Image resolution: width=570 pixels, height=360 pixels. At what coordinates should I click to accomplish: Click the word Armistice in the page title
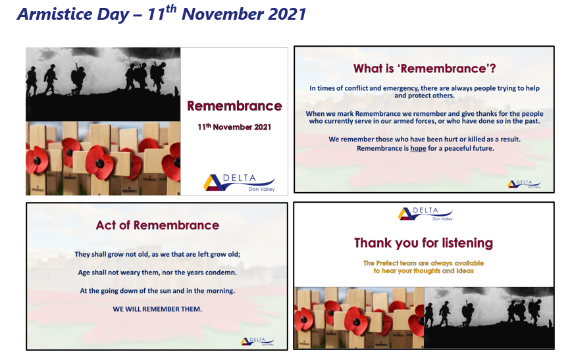(x=55, y=14)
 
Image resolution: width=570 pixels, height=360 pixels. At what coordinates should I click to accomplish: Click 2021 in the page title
(x=287, y=14)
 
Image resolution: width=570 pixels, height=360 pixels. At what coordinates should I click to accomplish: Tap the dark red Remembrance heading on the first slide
(x=234, y=106)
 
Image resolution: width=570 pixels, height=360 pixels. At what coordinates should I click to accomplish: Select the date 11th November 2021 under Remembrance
(x=234, y=127)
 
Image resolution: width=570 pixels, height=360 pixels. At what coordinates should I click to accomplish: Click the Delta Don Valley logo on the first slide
(x=239, y=182)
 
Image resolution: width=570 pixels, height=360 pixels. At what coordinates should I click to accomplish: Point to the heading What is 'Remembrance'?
(x=425, y=68)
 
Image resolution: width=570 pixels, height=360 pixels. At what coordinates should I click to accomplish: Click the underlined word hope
(x=418, y=148)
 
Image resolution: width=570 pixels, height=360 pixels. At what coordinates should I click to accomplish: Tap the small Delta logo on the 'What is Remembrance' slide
(x=524, y=184)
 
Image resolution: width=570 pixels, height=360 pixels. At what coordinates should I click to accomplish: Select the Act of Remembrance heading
(x=157, y=225)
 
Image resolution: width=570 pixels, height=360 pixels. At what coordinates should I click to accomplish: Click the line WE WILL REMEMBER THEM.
(x=157, y=309)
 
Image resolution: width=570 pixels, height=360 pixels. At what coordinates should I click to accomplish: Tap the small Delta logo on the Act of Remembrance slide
(x=257, y=342)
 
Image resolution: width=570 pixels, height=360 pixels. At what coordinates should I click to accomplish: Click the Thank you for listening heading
(x=423, y=243)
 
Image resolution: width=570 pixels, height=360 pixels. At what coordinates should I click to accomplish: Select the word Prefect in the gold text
(x=387, y=263)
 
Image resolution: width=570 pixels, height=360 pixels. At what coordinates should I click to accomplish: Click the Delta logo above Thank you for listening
(x=425, y=214)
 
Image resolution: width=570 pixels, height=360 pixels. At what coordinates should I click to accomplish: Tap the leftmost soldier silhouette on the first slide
(x=32, y=81)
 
